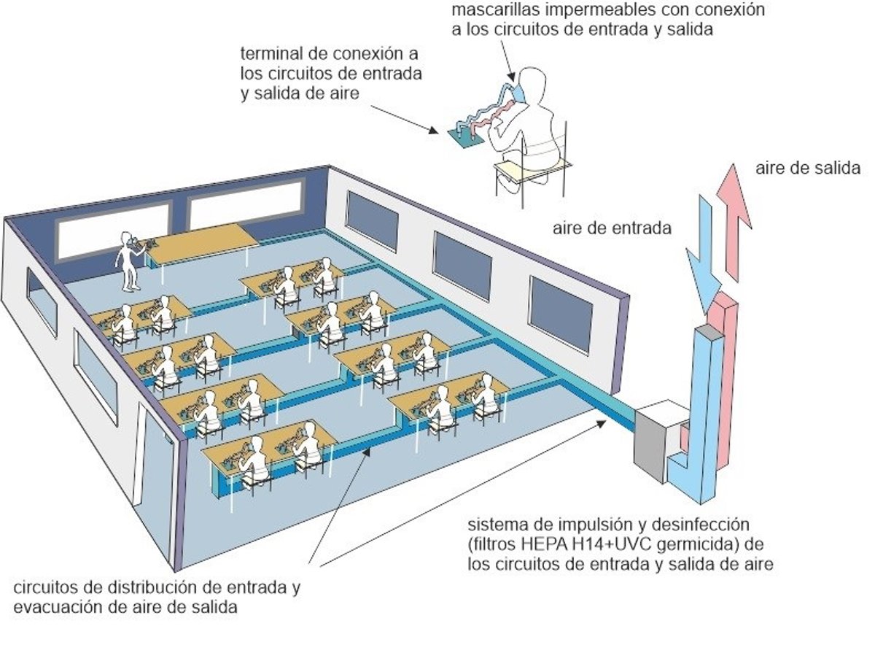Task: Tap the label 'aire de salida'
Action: (808, 168)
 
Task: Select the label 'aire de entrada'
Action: (612, 228)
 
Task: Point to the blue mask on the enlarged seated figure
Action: (518, 92)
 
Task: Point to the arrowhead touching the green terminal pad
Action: (433, 130)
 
